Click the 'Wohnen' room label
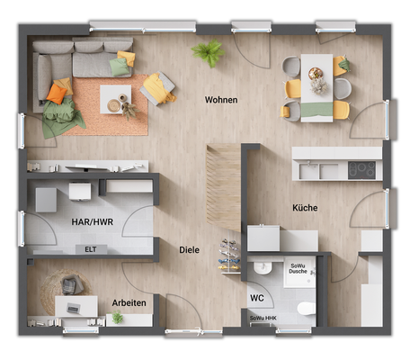pos(221,100)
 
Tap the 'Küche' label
pos(305,208)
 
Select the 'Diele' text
pos(189,249)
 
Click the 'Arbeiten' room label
pos(129,303)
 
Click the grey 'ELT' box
pos(90,249)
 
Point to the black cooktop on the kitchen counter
pos(361,168)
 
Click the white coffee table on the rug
pos(115,98)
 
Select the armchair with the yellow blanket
pos(157,88)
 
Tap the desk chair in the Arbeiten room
pos(72,285)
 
